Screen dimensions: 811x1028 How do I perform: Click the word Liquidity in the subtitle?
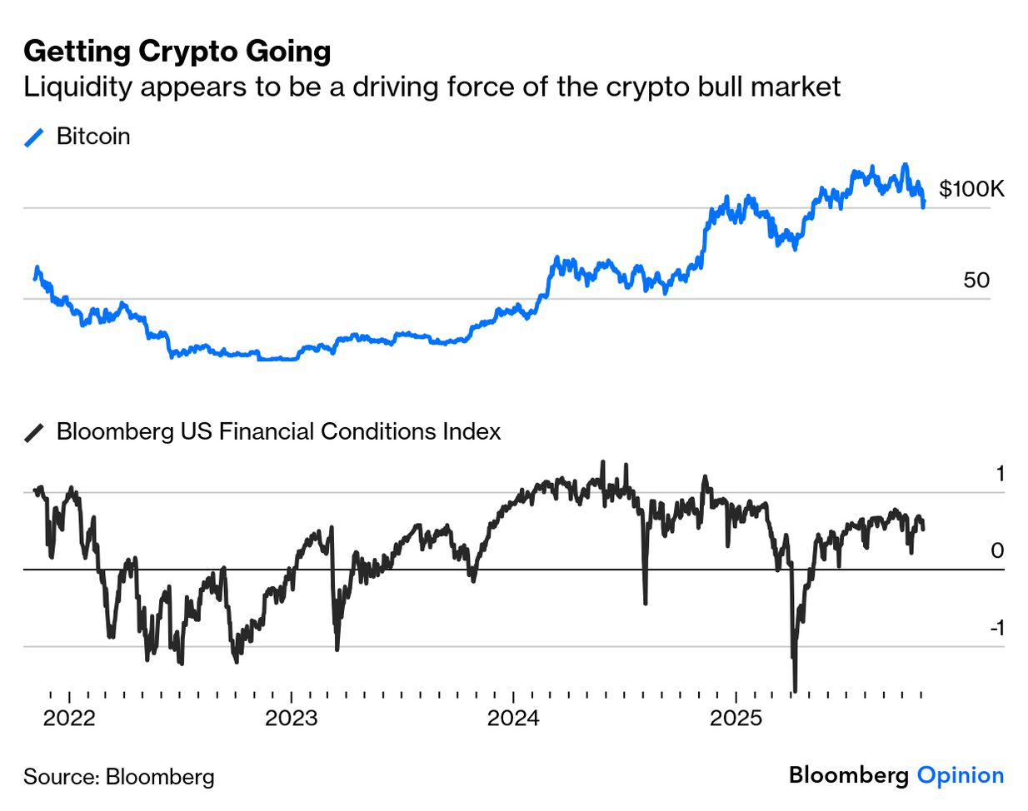pos(77,87)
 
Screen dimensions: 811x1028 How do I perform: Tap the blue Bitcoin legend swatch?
pos(34,137)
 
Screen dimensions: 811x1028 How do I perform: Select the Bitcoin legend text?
pos(93,137)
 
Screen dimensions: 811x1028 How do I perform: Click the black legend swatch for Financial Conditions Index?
pos(34,433)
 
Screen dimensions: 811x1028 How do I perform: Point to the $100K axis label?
pos(971,189)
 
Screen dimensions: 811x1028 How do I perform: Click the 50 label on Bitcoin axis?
pos(976,280)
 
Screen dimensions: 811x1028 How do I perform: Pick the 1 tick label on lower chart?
pos(1000,474)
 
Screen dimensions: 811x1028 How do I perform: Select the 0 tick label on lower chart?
pos(997,550)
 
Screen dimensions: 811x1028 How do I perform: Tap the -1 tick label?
pos(996,628)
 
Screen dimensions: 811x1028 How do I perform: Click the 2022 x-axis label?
pos(69,718)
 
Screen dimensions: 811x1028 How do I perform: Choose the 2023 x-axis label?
pos(292,718)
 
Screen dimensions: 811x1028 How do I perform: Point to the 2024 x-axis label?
pos(513,718)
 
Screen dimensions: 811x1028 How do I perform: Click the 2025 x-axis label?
pos(736,718)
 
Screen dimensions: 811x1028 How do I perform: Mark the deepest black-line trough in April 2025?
pos(795,689)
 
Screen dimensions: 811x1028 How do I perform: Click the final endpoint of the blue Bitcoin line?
pos(923,206)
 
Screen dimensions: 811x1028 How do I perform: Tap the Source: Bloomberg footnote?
pos(119,777)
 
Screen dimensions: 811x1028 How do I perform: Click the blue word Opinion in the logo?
pos(961,775)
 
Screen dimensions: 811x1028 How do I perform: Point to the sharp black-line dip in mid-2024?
pos(645,601)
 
